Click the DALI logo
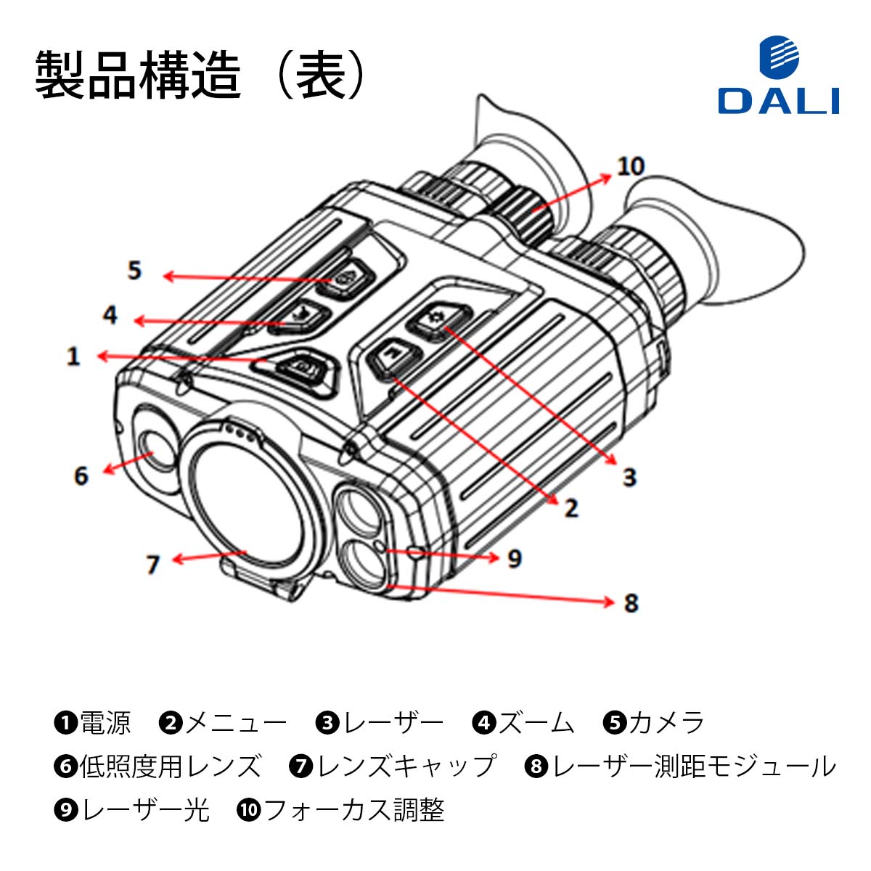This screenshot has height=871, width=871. [x=778, y=77]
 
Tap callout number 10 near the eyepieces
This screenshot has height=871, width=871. [x=630, y=166]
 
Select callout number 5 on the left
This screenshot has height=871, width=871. [x=134, y=271]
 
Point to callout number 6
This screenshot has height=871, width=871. [x=81, y=476]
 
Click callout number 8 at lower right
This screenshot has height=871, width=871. [x=631, y=602]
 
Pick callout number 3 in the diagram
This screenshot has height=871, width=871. [x=629, y=477]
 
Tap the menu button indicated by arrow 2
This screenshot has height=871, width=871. [x=393, y=356]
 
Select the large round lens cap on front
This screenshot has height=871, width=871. [x=247, y=502]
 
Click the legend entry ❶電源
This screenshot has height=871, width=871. [x=92, y=723]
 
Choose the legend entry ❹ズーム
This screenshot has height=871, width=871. [x=523, y=723]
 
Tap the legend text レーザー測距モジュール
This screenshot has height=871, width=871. [x=693, y=766]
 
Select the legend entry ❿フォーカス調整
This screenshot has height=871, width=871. [x=340, y=810]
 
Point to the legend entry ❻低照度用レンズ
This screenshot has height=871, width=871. [x=158, y=766]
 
